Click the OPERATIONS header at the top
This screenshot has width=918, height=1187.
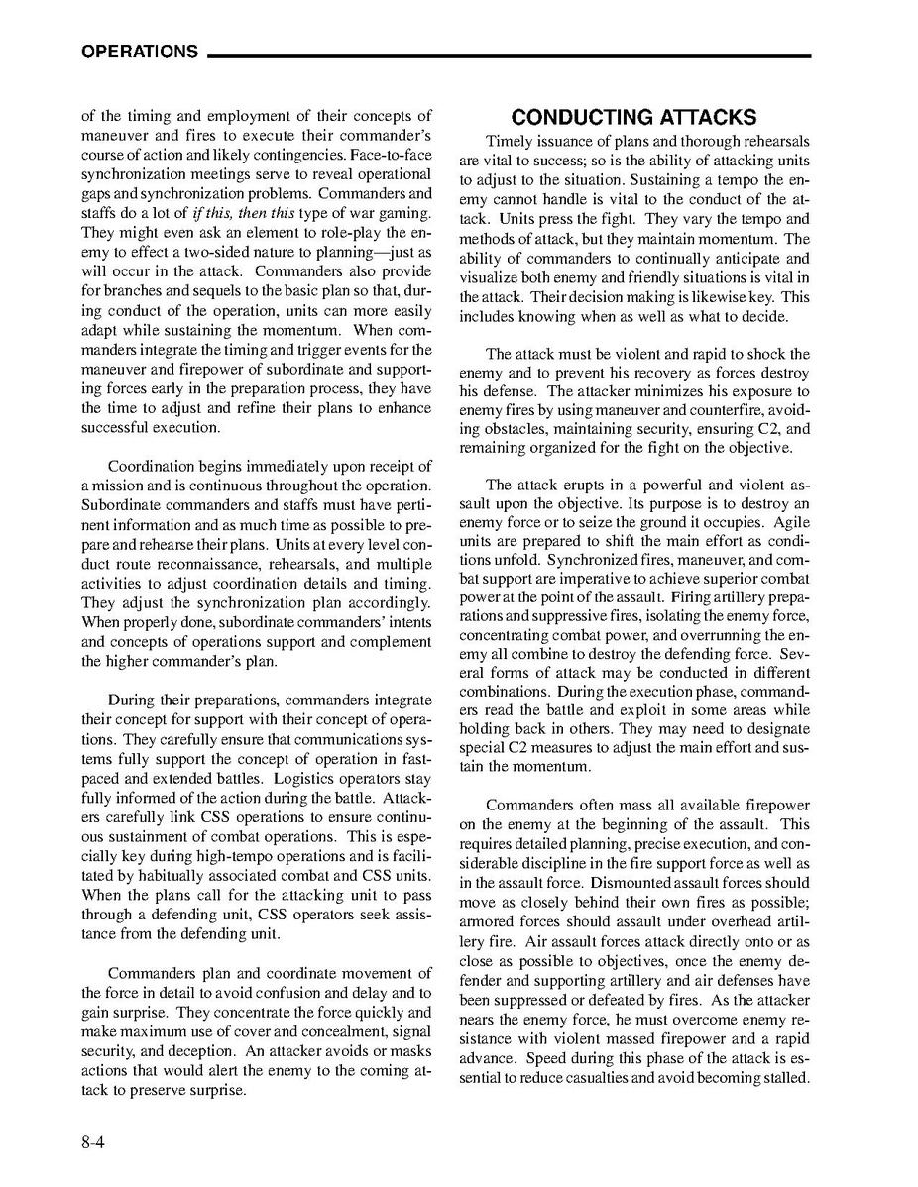point(139,53)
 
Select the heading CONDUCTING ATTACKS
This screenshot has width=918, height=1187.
point(634,118)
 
